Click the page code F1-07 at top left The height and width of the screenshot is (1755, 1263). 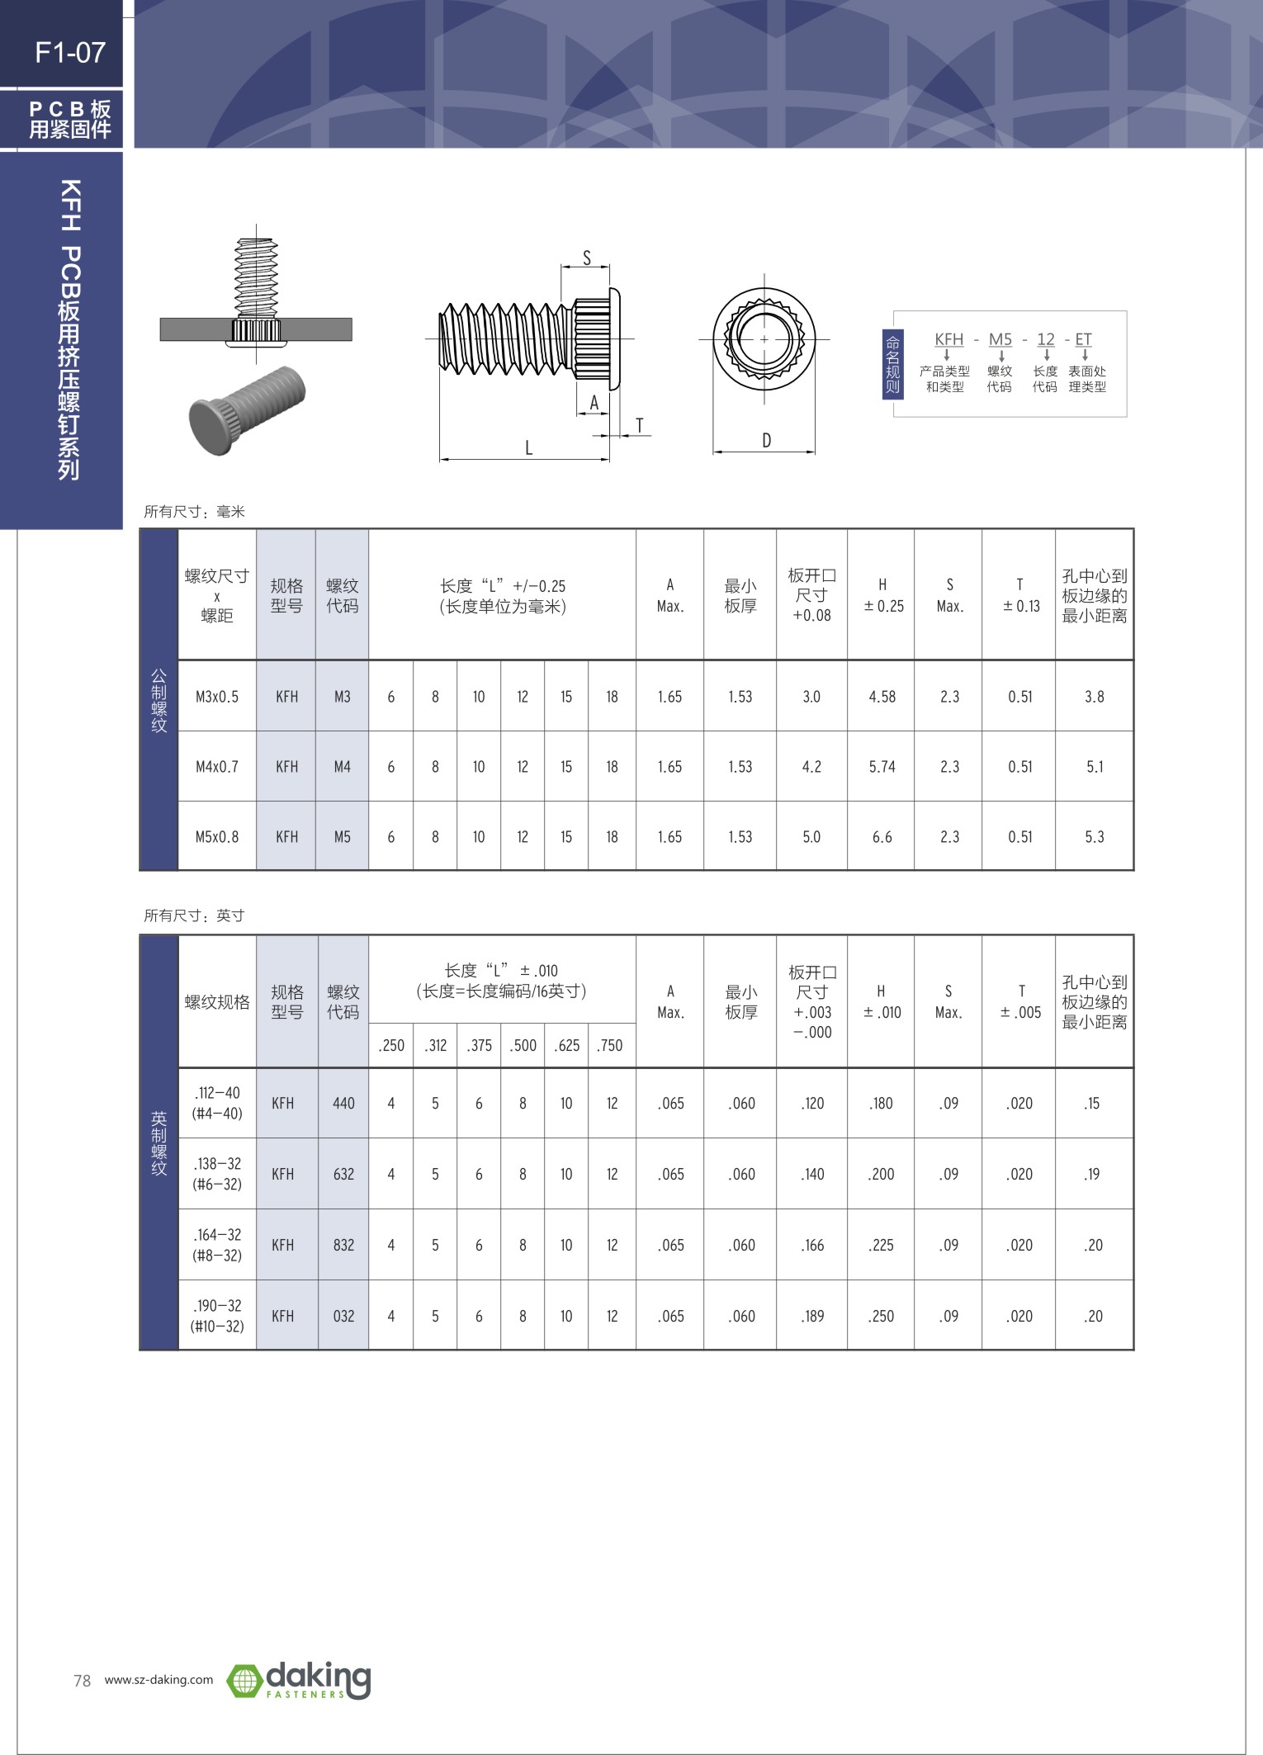pos(70,53)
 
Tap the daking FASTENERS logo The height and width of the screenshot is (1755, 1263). pos(299,1680)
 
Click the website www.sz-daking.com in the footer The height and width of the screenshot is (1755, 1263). pos(158,1680)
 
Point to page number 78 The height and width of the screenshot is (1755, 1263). pos(82,1681)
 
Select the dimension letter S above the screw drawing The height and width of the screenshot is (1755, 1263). pos(587,258)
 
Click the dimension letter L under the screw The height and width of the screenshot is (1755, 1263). pos(528,448)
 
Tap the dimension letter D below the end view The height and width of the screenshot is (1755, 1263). pos(766,441)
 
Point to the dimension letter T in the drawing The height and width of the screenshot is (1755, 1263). pos(639,426)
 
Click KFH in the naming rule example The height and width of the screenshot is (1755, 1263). pos(948,339)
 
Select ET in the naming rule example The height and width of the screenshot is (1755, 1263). pos(1083,339)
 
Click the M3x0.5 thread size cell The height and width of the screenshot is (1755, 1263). pos(217,697)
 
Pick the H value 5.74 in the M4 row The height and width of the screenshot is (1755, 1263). pos(882,767)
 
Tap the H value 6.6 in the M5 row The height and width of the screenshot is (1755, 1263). pos(882,837)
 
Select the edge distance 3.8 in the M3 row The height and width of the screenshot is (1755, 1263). pos(1094,697)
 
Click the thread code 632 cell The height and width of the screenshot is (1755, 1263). pos(343,1174)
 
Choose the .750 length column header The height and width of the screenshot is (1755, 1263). pos(610,1046)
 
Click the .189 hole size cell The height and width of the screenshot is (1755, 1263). pos(812,1316)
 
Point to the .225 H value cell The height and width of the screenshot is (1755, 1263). pos(881,1245)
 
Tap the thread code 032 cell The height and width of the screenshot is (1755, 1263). pos(343,1316)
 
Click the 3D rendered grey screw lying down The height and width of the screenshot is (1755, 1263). pos(247,409)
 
